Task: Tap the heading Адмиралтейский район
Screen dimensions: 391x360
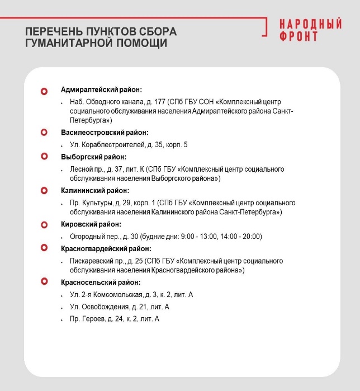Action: pyautogui.click(x=101, y=89)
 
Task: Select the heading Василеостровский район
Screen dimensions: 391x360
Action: pyautogui.click(x=105, y=133)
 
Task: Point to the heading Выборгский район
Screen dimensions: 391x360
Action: pyautogui.click(x=93, y=157)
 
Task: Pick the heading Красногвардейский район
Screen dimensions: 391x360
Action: pyautogui.click(x=106, y=249)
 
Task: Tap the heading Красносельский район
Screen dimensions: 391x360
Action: pyautogui.click(x=101, y=282)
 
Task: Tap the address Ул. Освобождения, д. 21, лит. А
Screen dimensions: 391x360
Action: pyautogui.click(x=119, y=307)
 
